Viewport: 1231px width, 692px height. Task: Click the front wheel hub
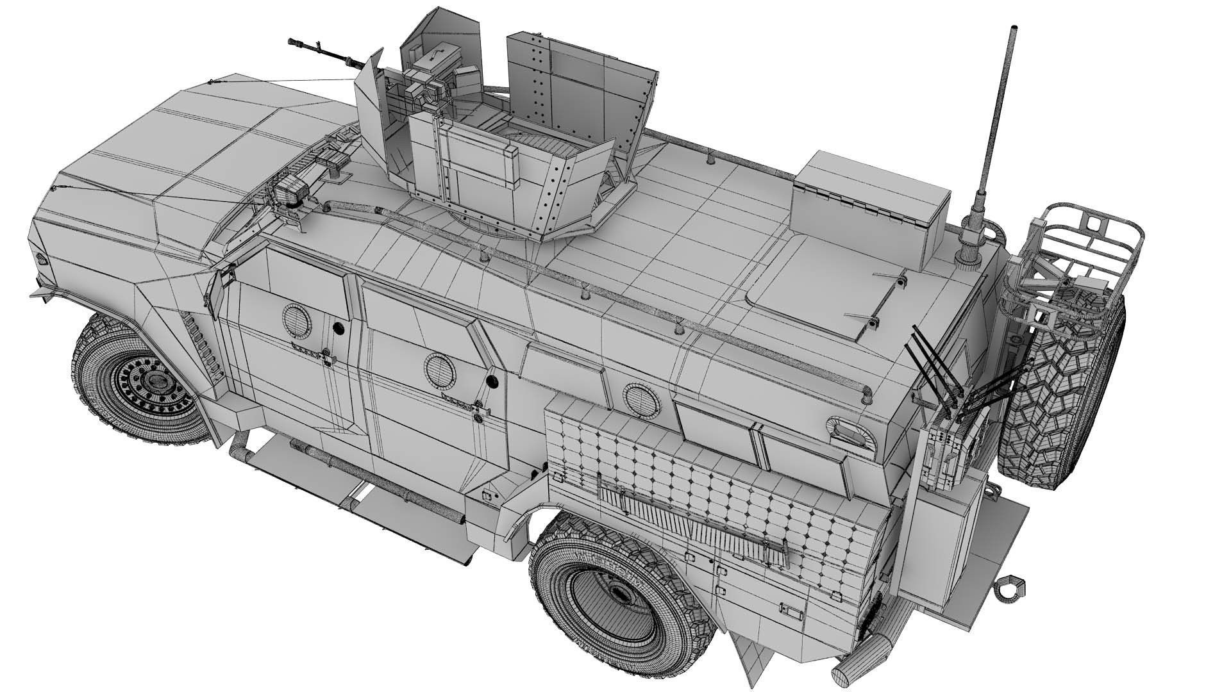point(152,383)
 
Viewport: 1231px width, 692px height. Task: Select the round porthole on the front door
point(296,318)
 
